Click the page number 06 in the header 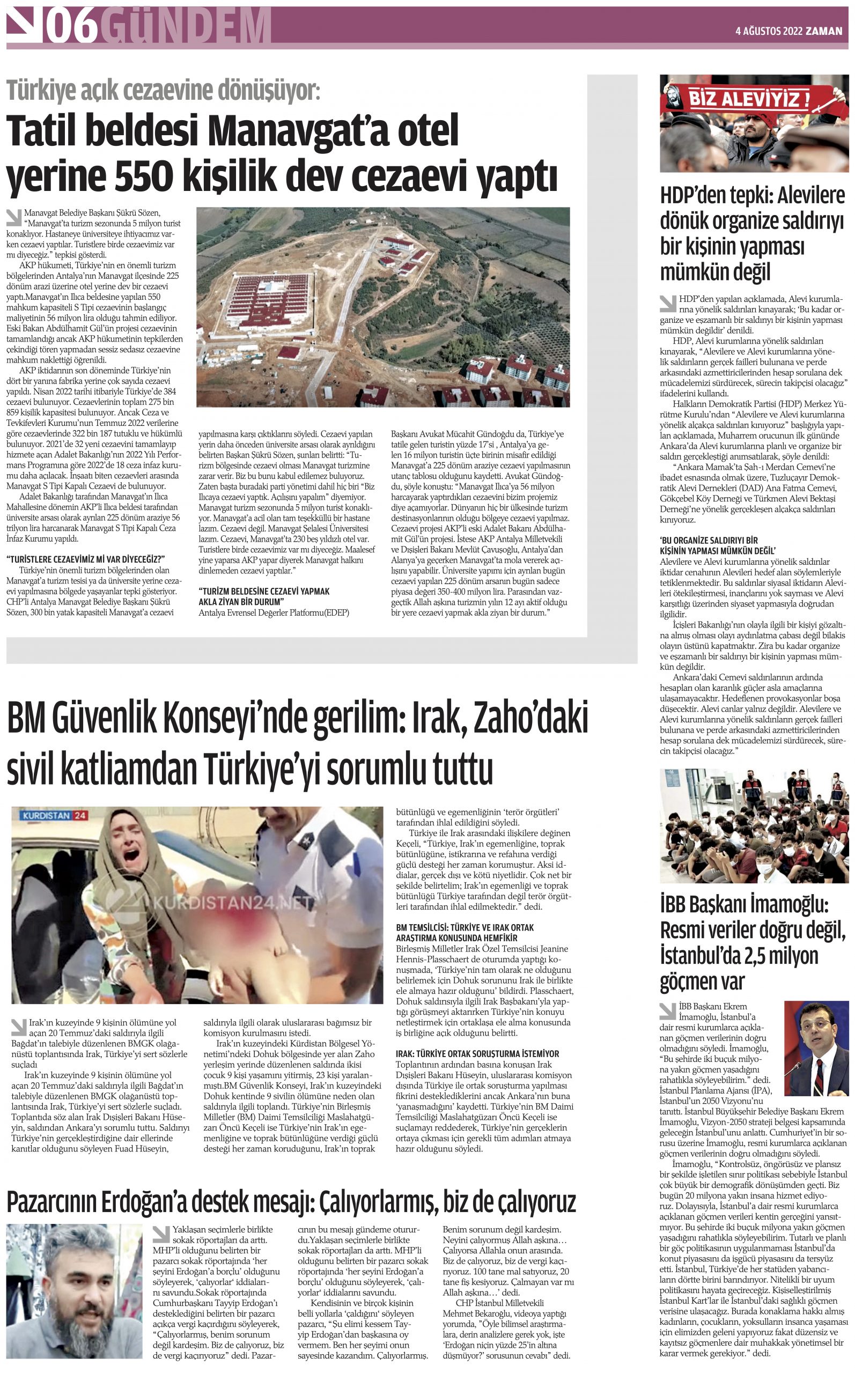click(x=72, y=26)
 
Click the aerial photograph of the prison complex click(x=383, y=307)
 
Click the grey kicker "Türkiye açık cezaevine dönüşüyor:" click(x=164, y=90)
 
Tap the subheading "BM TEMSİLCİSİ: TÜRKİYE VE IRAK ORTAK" click(x=465, y=928)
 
